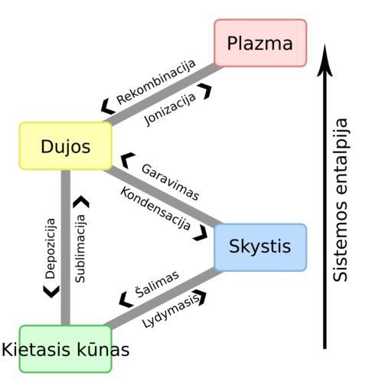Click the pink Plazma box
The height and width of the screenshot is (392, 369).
(x=260, y=43)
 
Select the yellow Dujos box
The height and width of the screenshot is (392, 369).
(x=66, y=146)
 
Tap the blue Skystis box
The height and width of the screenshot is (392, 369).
(x=260, y=247)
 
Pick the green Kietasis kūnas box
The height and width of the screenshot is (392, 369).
(x=66, y=349)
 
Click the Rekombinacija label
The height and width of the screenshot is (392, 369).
(x=156, y=82)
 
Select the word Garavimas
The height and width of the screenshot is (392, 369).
(x=170, y=182)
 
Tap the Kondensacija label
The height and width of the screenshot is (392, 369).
(x=155, y=208)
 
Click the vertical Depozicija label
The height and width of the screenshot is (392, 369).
(x=50, y=249)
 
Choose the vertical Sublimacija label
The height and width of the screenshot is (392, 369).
(x=80, y=249)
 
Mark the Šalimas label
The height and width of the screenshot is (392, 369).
(x=157, y=284)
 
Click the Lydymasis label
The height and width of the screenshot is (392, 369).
(x=171, y=311)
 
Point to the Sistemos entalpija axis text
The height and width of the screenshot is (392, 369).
(x=341, y=200)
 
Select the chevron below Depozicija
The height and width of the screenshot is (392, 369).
(x=51, y=292)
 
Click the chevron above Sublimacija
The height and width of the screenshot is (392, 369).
(x=81, y=201)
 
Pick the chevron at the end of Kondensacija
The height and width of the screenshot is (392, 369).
(x=201, y=233)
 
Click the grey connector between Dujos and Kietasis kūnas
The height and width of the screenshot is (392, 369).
(x=66, y=247)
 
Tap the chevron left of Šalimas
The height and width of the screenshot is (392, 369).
(x=126, y=299)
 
